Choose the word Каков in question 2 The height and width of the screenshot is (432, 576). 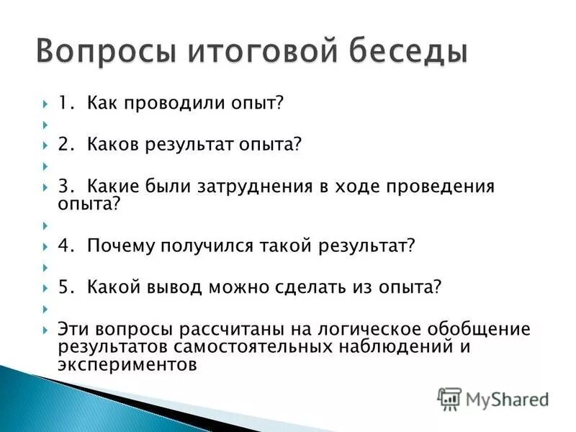pyautogui.click(x=111, y=145)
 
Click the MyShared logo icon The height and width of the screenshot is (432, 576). pyautogui.click(x=449, y=399)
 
